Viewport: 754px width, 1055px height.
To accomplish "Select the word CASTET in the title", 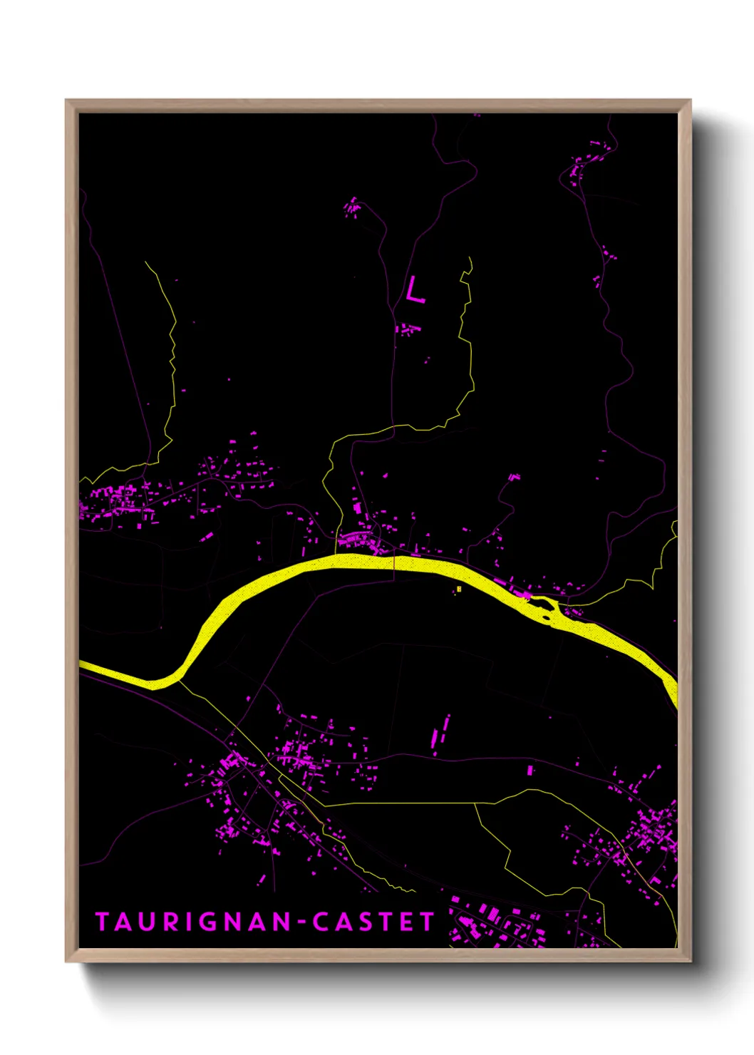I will [373, 922].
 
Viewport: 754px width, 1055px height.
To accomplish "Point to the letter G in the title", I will [207, 922].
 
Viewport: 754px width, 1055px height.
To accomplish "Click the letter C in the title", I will [320, 922].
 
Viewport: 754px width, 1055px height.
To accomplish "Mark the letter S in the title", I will [364, 922].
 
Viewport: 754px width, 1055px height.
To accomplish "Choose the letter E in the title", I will [407, 922].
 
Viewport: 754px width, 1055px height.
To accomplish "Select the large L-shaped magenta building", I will [413, 291].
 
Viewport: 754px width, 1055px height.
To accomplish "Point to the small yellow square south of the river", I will [459, 589].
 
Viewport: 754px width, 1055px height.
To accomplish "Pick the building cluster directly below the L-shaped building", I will [408, 329].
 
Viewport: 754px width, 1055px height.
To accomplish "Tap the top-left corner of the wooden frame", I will [66, 100].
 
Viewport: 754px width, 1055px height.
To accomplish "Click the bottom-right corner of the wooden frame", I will [690, 961].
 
